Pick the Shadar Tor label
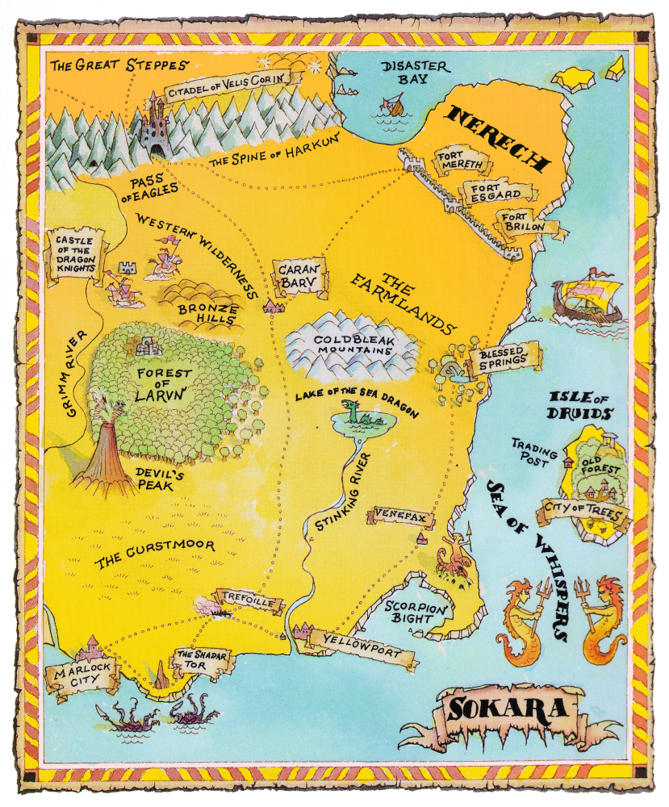pos(199,661)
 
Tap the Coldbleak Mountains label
pos(353,345)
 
